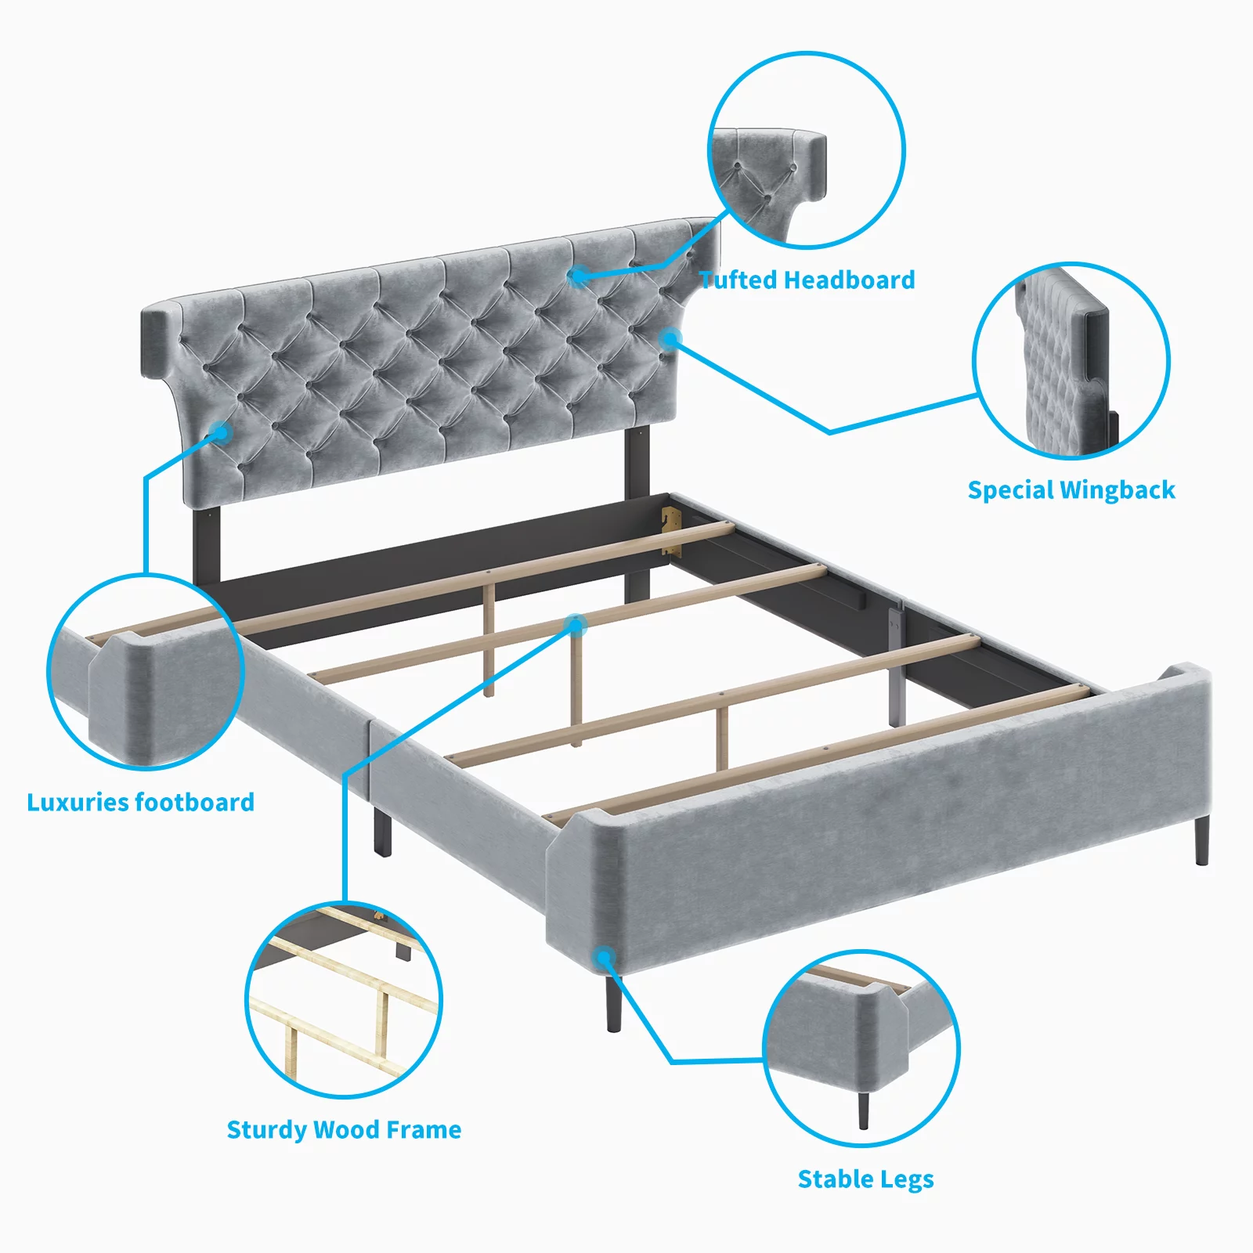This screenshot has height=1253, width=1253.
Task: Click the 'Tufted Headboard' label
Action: (807, 280)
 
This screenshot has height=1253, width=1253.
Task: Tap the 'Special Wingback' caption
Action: (1071, 490)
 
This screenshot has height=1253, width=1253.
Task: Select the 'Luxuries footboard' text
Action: (141, 802)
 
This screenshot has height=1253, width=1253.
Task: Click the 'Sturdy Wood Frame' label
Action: (344, 1129)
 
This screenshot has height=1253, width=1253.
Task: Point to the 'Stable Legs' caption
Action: (865, 1179)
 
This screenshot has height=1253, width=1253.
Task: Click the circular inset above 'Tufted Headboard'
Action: (807, 150)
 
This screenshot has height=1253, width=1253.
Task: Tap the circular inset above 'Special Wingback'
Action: (1071, 361)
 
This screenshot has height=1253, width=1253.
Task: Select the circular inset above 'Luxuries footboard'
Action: (146, 672)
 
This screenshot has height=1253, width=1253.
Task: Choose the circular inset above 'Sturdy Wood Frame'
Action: (344, 1000)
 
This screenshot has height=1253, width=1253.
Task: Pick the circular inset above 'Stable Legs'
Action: (861, 1049)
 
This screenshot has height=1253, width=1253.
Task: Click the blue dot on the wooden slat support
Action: (576, 625)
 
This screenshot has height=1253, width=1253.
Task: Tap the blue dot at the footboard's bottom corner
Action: (603, 957)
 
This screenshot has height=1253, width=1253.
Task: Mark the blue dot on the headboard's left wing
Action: (222, 432)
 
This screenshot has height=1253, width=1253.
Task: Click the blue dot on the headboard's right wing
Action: (670, 339)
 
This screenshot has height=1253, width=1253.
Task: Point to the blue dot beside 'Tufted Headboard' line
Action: (579, 276)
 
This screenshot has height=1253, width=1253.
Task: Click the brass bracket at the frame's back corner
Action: (671, 530)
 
